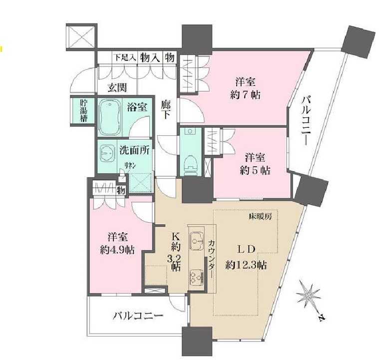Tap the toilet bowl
point(190,161)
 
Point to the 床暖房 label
point(260,217)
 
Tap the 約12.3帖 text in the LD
point(246,264)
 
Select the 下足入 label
point(125,57)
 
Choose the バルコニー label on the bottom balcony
point(138,316)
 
